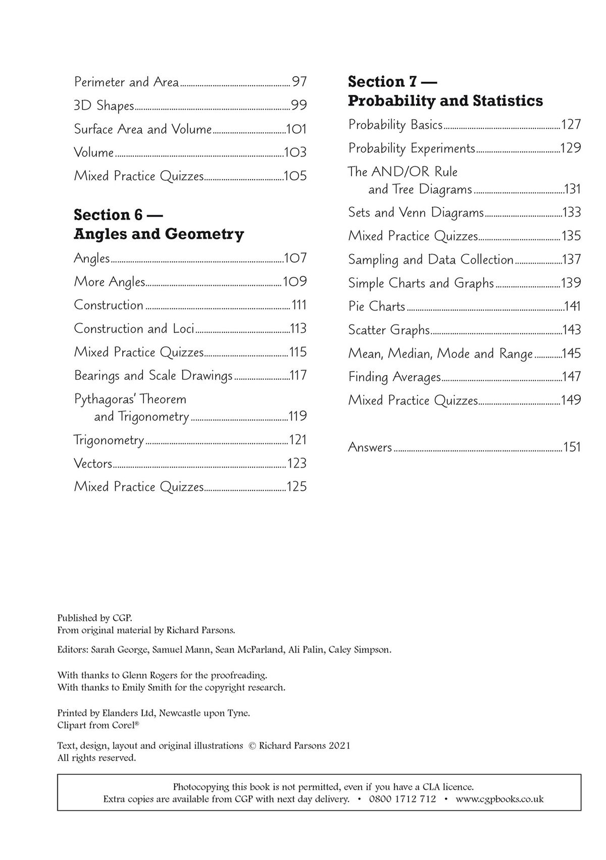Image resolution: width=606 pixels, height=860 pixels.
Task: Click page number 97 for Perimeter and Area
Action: pyautogui.click(x=299, y=82)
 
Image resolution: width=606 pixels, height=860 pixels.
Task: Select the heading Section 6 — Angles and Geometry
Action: pyautogui.click(x=159, y=224)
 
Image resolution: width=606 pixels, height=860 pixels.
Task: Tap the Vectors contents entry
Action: pyautogui.click(x=93, y=463)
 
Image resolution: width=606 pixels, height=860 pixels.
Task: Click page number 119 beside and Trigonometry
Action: pyautogui.click(x=297, y=416)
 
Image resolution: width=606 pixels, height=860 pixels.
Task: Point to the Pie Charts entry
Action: pyautogui.click(x=377, y=306)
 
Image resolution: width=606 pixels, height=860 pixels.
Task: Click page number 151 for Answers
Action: pyautogui.click(x=572, y=447)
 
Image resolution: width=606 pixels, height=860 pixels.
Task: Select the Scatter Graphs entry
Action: pyautogui.click(x=389, y=330)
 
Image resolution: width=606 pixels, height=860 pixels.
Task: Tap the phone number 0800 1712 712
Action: pyautogui.click(x=402, y=799)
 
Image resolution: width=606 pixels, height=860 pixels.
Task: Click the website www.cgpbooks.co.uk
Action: pyautogui.click(x=499, y=799)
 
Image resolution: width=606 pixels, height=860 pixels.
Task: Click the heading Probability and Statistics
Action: pyautogui.click(x=445, y=100)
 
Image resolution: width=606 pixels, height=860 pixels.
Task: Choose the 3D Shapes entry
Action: pyautogui.click(x=104, y=106)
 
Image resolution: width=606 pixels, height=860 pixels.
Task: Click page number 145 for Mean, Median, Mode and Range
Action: pyautogui.click(x=572, y=353)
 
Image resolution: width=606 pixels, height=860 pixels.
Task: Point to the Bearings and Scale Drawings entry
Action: pyautogui.click(x=153, y=375)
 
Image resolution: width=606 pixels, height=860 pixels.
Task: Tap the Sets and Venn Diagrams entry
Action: pyautogui.click(x=416, y=212)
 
